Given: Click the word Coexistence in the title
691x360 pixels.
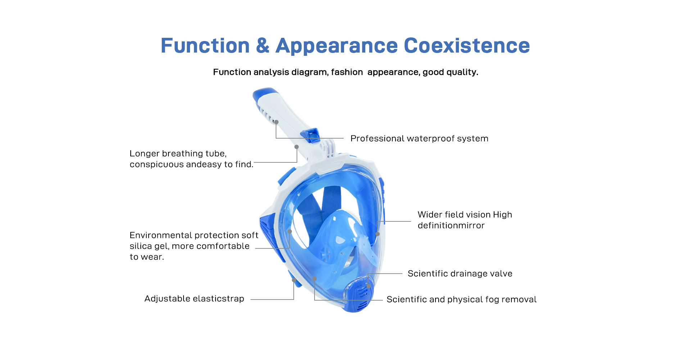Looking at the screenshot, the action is [x=467, y=46].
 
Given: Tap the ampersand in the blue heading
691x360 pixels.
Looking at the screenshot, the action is [x=263, y=46].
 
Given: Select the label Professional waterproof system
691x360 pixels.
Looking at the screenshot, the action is [x=419, y=139].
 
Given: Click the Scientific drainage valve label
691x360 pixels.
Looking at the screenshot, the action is [x=460, y=274].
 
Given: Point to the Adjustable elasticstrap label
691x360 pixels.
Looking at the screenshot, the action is [x=194, y=299].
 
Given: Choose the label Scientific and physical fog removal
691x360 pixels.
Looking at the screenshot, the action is [x=461, y=300].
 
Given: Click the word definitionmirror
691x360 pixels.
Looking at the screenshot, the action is [x=451, y=225].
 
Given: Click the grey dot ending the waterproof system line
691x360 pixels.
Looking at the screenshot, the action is [x=276, y=122].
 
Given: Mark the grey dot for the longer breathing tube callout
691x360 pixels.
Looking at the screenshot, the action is [x=297, y=147].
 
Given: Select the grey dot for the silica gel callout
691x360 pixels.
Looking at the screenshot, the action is [x=289, y=231].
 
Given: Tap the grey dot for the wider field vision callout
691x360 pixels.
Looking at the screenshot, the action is [x=378, y=234].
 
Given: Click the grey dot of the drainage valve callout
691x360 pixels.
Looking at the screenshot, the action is [x=368, y=286].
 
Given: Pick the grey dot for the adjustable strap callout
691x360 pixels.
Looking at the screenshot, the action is [x=294, y=280].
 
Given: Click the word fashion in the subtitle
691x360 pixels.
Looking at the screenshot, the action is [x=347, y=72].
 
